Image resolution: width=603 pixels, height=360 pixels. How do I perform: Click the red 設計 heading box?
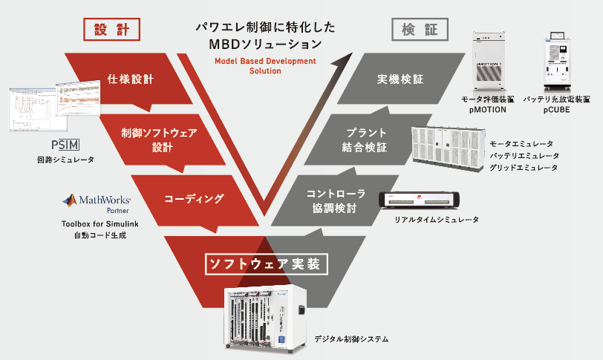pyautogui.click(x=112, y=30)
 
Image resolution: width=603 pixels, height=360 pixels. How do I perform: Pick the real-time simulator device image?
pyautogui.click(x=420, y=200)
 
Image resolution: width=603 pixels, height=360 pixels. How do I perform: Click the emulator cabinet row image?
pyautogui.click(x=446, y=148)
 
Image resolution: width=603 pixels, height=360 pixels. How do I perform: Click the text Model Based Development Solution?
pyautogui.click(x=264, y=65)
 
